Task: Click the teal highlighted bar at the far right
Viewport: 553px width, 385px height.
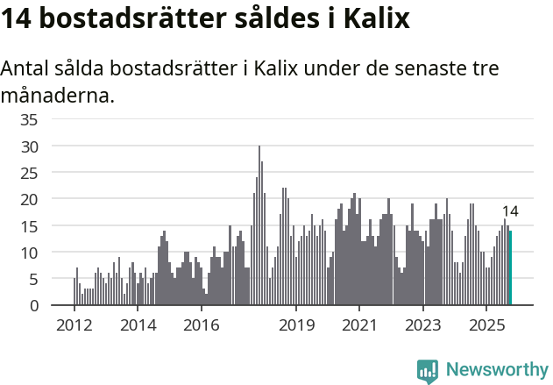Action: (510, 268)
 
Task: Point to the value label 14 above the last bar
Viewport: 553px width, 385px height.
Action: (510, 211)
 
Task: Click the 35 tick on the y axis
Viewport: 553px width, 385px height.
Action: (29, 119)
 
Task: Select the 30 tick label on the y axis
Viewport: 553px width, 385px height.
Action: (29, 146)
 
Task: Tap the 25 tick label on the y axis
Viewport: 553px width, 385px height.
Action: (29, 173)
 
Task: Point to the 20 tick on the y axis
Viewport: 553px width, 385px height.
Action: (29, 199)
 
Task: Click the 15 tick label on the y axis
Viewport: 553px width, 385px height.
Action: (29, 226)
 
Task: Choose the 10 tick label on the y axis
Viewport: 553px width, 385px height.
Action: (29, 253)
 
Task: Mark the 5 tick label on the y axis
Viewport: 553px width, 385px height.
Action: (33, 279)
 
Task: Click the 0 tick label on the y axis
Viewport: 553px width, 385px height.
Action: (33, 306)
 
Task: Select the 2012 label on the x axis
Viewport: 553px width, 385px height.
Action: (74, 326)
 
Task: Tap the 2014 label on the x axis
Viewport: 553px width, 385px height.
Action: (138, 326)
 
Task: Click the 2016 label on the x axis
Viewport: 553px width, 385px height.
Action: (202, 326)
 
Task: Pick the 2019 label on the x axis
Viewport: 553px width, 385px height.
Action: (297, 326)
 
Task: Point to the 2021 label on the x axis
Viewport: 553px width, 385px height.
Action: (360, 326)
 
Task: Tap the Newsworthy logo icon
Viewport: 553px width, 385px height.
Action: (428, 371)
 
